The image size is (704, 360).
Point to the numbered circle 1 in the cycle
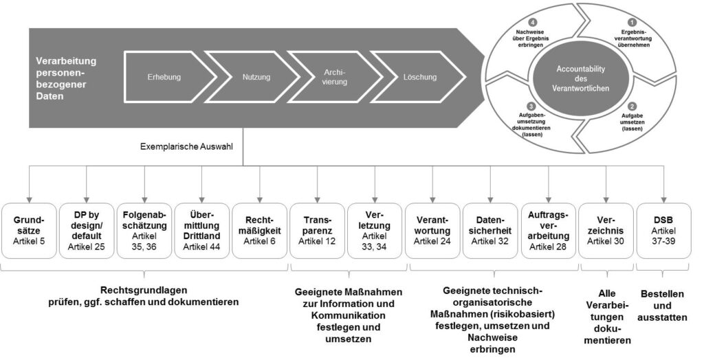632,21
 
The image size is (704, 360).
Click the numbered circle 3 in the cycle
531,106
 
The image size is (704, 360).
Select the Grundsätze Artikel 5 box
29,229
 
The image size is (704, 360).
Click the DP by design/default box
86,229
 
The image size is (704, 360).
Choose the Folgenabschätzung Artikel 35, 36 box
144,229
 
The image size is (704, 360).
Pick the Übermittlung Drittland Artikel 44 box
201,229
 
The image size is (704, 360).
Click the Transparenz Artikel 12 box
317,229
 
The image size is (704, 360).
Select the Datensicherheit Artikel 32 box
490,229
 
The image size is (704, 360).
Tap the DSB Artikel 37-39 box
663,229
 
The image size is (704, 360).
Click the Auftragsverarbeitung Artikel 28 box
548,229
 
